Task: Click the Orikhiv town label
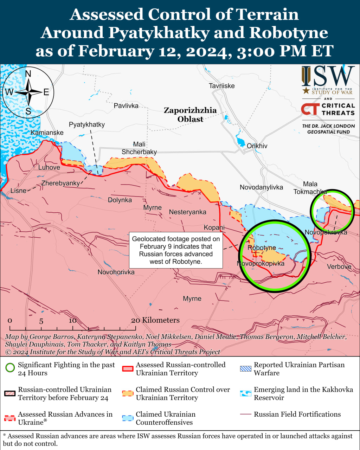(x=257, y=146)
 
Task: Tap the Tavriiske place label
(x=221, y=86)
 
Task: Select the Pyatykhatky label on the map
(x=86, y=124)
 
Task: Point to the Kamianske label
(x=47, y=133)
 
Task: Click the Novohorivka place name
(x=116, y=272)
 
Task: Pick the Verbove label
(x=339, y=266)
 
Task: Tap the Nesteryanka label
(x=187, y=212)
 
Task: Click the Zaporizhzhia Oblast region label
(x=190, y=115)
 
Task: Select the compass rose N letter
(x=28, y=73)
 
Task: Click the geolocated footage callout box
(x=176, y=250)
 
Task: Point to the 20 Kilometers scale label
(x=155, y=320)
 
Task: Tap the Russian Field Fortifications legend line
(x=246, y=414)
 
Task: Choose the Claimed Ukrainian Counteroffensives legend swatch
(x=128, y=418)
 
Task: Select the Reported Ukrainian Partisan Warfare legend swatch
(x=246, y=369)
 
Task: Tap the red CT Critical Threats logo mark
(x=310, y=109)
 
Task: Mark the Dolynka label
(x=120, y=200)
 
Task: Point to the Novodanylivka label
(x=261, y=187)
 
